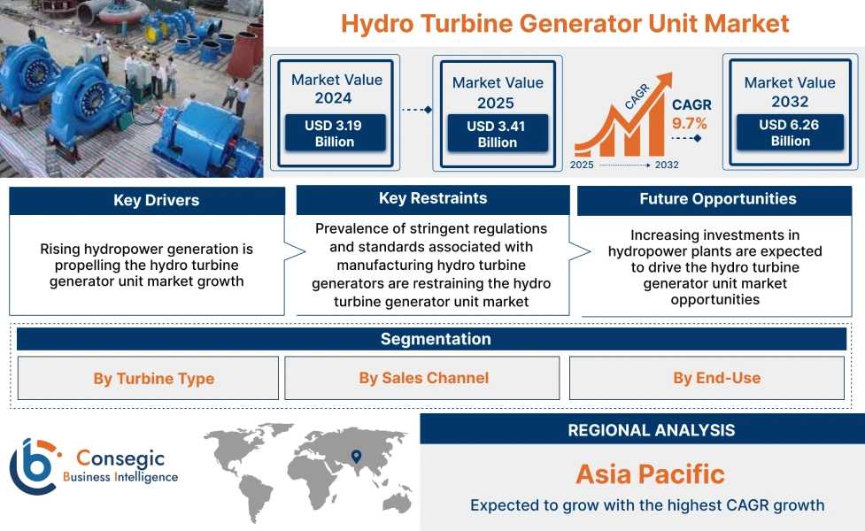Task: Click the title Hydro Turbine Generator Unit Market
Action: [x=565, y=22]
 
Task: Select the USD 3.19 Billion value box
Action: [x=335, y=134]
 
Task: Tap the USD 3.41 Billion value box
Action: [x=497, y=135]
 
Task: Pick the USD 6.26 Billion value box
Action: [x=790, y=133]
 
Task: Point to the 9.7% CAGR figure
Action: [x=691, y=123]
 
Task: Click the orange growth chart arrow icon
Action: [x=619, y=124]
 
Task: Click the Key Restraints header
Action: [x=433, y=198]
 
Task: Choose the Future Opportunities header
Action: [x=717, y=199]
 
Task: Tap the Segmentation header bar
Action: [x=435, y=339]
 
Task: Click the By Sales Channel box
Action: [x=423, y=378]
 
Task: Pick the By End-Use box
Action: [x=716, y=378]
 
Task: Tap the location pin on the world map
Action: [x=356, y=457]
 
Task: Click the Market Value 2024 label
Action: [x=336, y=88]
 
